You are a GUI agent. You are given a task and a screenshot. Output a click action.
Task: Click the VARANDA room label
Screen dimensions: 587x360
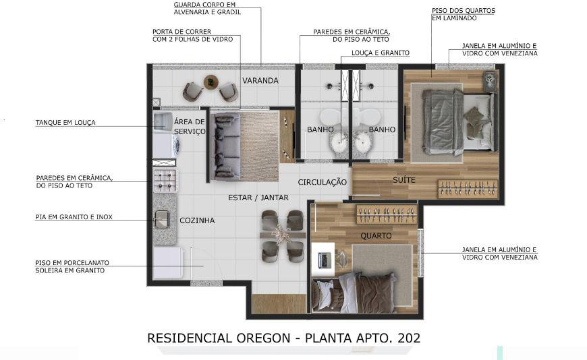(x=260, y=80)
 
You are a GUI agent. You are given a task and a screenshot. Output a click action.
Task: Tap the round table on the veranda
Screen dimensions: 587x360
(x=211, y=82)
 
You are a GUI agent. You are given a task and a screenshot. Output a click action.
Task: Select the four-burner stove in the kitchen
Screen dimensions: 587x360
(x=165, y=181)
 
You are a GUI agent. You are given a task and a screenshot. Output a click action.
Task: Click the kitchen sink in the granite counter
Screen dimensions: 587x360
(x=162, y=219)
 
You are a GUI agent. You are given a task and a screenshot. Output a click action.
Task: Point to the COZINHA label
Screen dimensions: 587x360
(x=197, y=220)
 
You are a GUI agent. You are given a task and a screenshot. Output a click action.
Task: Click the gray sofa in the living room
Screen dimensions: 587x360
(x=225, y=147)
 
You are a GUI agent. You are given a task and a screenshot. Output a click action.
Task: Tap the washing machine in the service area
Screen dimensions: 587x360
(x=166, y=146)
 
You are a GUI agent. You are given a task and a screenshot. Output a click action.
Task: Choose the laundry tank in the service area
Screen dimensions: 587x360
(x=163, y=121)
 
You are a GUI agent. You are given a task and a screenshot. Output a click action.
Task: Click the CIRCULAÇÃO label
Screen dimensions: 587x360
(x=323, y=182)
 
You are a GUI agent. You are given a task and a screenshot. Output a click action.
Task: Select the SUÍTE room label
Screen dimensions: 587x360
(x=404, y=180)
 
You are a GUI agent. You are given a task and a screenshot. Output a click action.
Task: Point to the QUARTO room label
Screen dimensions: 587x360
(x=376, y=236)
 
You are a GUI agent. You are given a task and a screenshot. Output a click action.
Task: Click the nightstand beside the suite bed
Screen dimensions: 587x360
(x=491, y=81)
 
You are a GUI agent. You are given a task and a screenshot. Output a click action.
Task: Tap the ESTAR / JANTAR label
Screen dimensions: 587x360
(x=258, y=198)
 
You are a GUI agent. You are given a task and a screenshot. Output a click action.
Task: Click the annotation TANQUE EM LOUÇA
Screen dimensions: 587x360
(x=65, y=123)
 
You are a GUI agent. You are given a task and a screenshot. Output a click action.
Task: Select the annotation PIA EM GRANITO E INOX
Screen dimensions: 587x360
(x=74, y=217)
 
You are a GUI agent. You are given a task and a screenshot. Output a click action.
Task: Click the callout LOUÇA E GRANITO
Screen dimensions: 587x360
(x=381, y=53)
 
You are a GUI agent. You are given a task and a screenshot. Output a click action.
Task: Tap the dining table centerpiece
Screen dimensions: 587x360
(x=281, y=234)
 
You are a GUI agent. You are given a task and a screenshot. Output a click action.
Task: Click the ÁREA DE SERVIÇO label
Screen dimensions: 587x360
(x=190, y=127)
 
